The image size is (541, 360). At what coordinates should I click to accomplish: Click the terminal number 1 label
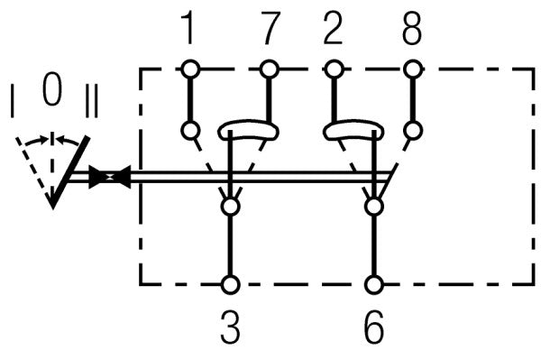click(188, 28)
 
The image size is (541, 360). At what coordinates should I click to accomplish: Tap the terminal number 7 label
click(270, 28)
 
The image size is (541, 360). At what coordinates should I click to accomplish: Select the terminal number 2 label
click(333, 28)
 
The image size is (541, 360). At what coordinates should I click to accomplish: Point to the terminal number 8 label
click(412, 28)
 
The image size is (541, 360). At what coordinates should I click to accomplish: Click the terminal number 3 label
click(230, 327)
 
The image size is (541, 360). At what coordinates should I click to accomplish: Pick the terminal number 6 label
click(374, 327)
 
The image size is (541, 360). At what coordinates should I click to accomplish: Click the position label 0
click(52, 88)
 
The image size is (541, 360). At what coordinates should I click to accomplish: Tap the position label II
click(91, 101)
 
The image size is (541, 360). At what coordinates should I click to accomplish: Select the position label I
click(13, 101)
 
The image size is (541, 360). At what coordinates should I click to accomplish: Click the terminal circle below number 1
click(190, 69)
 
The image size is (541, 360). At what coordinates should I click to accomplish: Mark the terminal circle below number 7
click(269, 69)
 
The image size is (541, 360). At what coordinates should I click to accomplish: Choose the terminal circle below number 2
click(334, 69)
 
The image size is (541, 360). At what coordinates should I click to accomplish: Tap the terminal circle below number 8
click(413, 69)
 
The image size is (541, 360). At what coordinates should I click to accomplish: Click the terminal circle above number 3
click(230, 285)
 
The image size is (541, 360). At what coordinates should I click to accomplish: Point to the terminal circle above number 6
click(374, 285)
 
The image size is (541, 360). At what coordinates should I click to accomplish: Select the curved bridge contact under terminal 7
click(249, 124)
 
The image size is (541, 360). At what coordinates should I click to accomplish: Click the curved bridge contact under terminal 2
click(353, 124)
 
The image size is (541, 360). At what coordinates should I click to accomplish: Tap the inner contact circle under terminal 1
click(190, 131)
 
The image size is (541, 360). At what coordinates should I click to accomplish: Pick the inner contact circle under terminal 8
click(413, 131)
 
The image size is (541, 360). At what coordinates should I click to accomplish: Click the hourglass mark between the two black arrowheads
click(110, 176)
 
